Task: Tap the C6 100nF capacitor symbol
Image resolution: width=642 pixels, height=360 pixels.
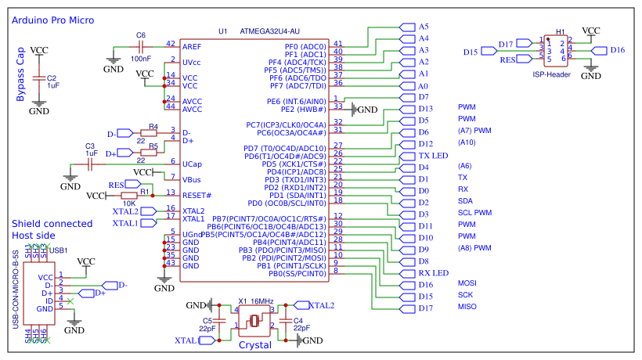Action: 141,46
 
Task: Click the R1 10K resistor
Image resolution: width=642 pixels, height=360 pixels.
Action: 145,195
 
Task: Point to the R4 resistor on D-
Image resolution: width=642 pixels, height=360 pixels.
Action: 153,134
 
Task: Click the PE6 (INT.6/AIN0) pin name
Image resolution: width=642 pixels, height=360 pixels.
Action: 296,102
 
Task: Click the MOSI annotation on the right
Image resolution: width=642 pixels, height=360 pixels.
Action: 467,283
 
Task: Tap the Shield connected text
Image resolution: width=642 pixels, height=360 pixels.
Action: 52,224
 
